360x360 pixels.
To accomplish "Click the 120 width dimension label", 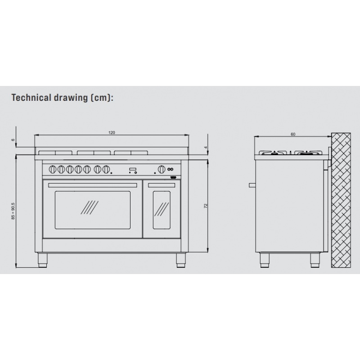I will (112, 133).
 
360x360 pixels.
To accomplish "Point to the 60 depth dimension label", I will (293, 134).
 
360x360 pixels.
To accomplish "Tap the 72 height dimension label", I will (206, 205).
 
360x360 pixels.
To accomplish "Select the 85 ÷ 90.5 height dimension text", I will (13, 211).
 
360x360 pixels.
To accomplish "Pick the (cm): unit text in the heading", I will (101, 98).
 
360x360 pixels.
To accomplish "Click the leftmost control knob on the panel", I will (52, 170).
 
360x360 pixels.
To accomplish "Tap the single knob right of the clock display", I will (161, 170).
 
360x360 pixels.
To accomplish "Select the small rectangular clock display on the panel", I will (133, 170).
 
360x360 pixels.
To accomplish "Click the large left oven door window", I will (92, 210).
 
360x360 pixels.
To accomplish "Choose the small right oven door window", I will (162, 209).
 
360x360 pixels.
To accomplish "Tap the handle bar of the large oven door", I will (92, 185).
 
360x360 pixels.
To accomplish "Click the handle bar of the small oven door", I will (162, 185).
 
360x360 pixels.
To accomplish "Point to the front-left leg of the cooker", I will (42, 260).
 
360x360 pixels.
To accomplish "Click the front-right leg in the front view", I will (180, 260).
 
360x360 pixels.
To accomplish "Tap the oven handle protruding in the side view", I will (253, 184).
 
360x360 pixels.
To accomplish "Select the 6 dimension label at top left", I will (13, 140).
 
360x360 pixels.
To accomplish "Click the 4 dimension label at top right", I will (206, 147).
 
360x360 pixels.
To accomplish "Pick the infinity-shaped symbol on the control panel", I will (170, 170).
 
